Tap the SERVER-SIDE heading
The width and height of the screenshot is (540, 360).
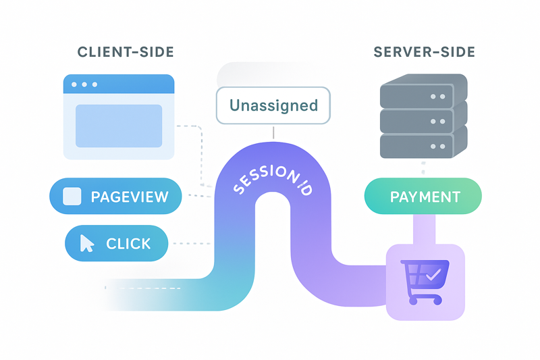424,52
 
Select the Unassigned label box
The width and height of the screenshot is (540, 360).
273,105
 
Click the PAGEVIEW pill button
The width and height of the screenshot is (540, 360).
115,197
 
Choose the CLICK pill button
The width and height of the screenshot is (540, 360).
116,243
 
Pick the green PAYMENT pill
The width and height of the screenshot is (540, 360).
423,197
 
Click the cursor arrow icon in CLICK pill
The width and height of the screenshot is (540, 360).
87,243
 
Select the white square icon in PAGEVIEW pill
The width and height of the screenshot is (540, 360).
72,197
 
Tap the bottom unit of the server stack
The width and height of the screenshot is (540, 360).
424,145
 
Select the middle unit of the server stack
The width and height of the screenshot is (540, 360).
424,120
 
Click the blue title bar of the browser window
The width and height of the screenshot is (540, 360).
119,84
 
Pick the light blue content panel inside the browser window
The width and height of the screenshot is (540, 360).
119,126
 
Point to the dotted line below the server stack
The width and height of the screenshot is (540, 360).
423,168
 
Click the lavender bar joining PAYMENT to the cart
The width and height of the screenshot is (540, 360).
423,229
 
